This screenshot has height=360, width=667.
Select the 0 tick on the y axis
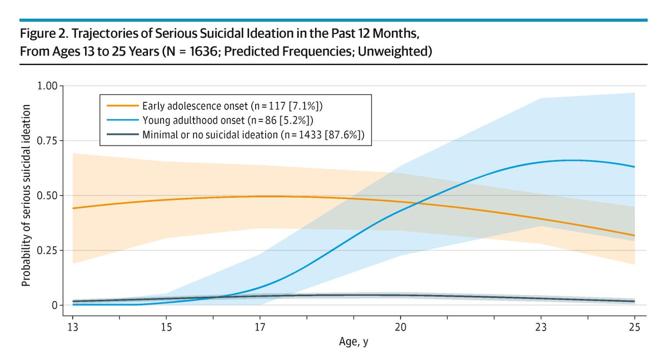54,305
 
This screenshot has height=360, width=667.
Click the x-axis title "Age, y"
354,343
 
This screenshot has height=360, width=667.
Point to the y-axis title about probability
26,196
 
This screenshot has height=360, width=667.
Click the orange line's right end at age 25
634,236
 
